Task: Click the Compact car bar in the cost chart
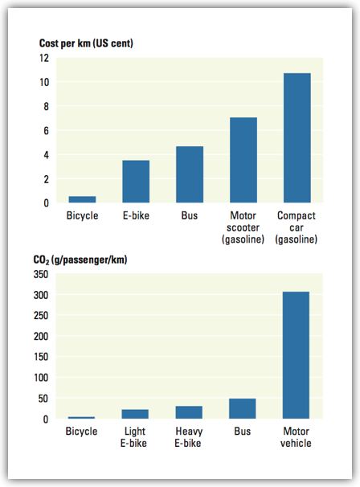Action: point(297,138)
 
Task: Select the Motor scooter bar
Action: point(243,160)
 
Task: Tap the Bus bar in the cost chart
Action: point(190,174)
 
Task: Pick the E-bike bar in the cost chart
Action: point(136,182)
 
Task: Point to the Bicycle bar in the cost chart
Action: point(82,199)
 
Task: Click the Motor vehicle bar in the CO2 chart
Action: point(296,355)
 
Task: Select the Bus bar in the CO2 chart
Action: point(243,408)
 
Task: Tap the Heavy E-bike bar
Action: point(189,412)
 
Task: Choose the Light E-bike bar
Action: point(135,414)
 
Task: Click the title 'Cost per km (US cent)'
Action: point(86,43)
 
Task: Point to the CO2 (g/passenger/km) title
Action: point(80,260)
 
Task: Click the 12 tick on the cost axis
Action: point(44,58)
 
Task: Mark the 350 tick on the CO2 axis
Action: point(41,274)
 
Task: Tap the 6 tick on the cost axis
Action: point(47,131)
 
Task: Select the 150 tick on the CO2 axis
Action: point(41,357)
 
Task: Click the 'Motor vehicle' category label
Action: point(296,437)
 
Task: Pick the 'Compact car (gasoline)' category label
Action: point(297,227)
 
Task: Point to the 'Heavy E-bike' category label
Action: point(189,437)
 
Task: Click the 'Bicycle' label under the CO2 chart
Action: point(81,432)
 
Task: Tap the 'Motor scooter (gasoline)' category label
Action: point(243,227)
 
